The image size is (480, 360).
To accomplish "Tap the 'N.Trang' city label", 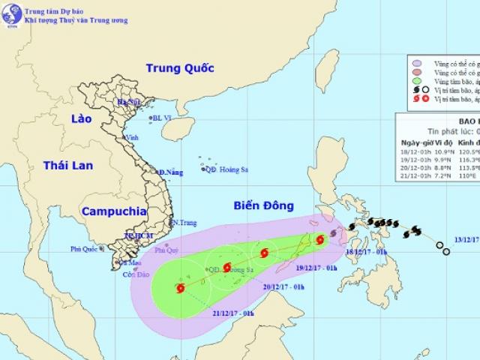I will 184,222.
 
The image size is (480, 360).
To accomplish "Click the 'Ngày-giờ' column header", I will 415,142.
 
